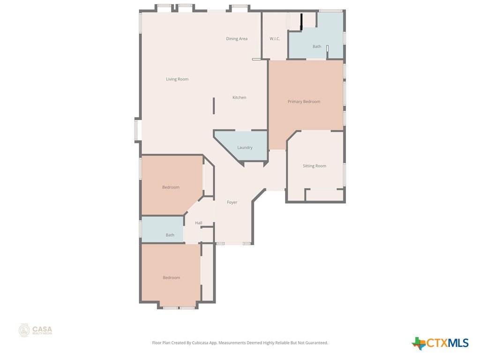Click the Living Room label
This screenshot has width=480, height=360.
click(x=177, y=79)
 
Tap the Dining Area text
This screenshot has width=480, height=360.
click(x=237, y=39)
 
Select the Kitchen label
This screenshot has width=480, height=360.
click(x=240, y=97)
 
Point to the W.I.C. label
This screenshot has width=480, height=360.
click(x=275, y=39)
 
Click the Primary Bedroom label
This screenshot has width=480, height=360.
click(x=304, y=102)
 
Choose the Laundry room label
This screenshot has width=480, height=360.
click(x=245, y=148)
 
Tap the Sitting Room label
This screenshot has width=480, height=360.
click(x=315, y=166)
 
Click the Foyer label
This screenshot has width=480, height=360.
click(x=232, y=202)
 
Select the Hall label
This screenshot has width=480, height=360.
click(x=199, y=223)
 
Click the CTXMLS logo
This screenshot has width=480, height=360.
click(x=440, y=343)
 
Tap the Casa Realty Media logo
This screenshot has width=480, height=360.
click(x=36, y=330)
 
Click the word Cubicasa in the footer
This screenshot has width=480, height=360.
click(x=200, y=343)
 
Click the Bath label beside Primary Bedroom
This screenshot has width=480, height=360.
click(x=317, y=47)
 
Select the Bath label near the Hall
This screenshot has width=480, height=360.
click(x=170, y=235)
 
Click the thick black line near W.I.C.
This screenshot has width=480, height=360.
click(x=301, y=22)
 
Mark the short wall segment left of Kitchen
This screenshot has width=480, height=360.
click(x=214, y=106)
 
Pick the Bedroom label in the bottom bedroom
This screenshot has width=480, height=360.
click(x=172, y=277)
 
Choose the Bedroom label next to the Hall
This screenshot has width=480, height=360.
click(x=171, y=187)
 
